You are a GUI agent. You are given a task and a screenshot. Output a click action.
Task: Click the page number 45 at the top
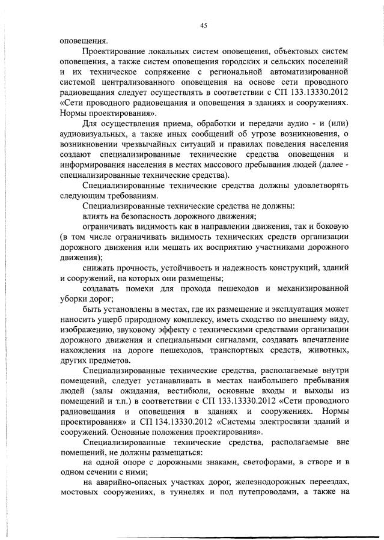point(204,25)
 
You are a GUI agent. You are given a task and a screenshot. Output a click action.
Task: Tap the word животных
point(327,350)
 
